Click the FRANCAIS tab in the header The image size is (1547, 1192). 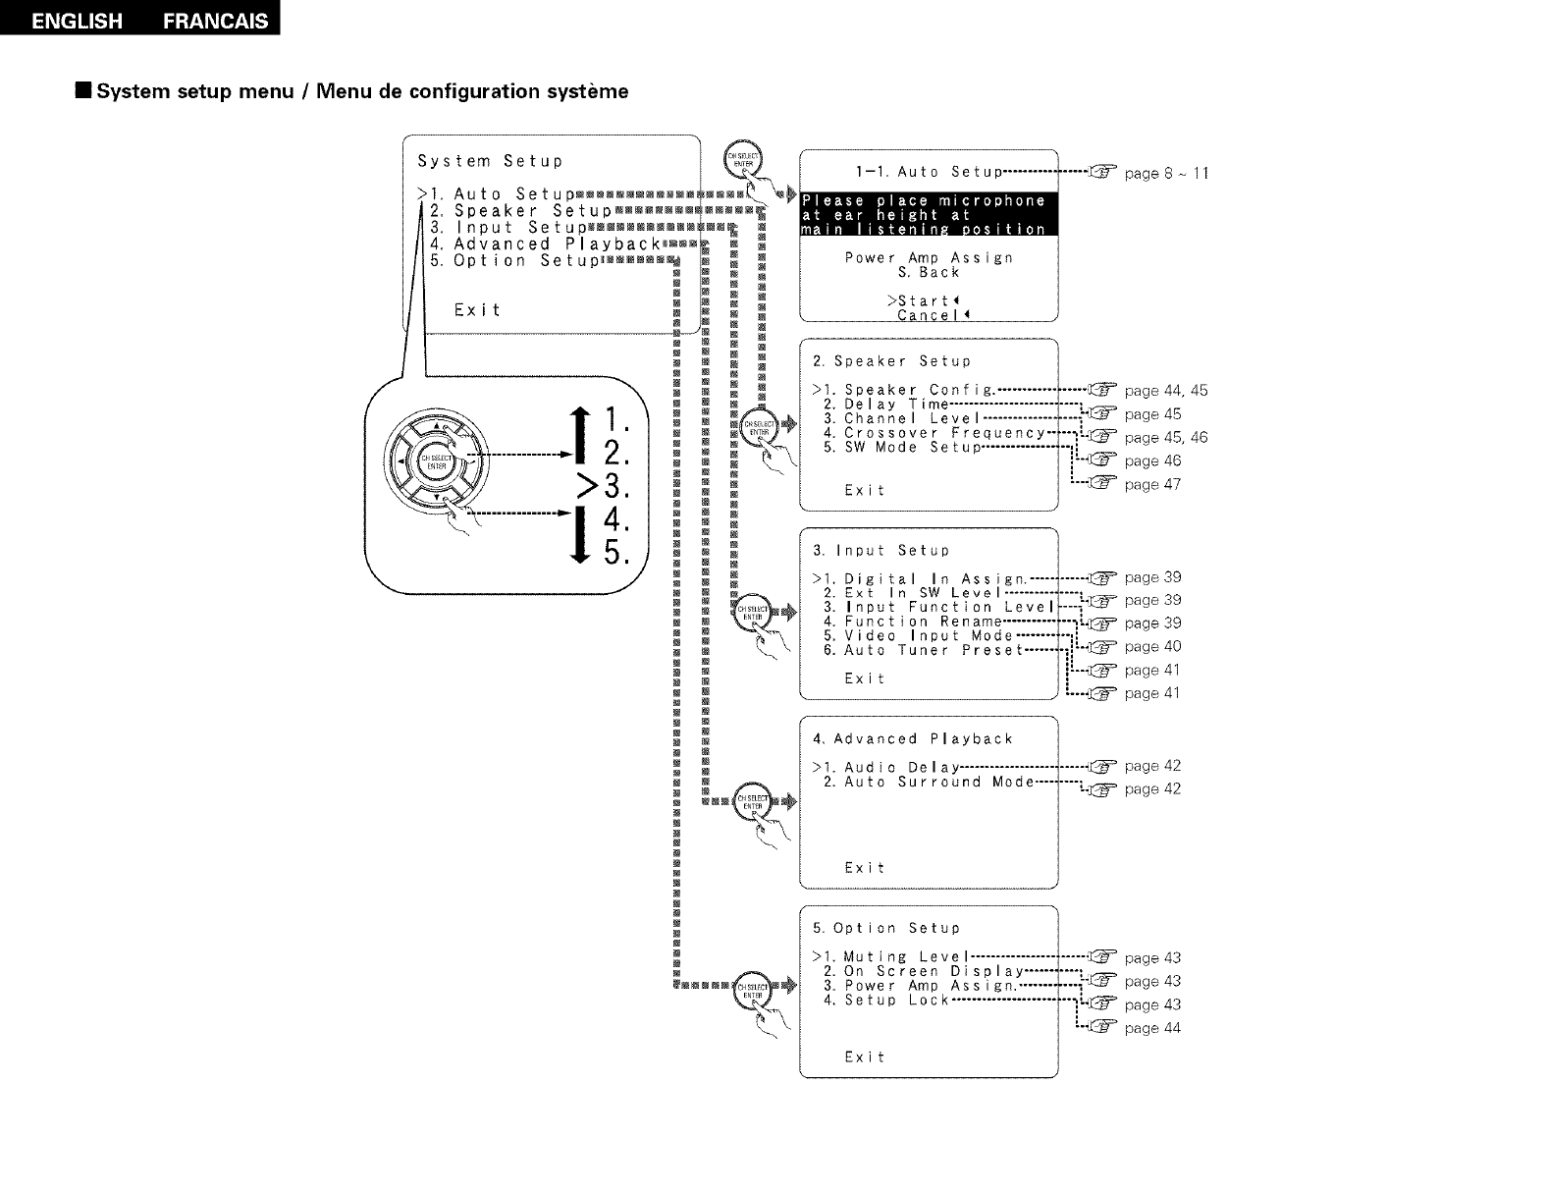[x=216, y=21]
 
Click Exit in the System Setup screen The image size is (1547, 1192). [x=478, y=310]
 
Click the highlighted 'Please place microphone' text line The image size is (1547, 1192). [x=924, y=200]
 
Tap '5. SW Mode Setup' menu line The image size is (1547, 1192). [x=902, y=448]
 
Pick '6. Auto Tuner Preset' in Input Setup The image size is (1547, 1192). [x=923, y=650]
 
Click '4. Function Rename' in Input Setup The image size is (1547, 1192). [x=912, y=622]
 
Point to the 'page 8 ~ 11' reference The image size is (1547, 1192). [x=1166, y=174]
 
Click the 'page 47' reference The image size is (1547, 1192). [x=1152, y=484]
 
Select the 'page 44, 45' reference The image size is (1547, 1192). [x=1165, y=391]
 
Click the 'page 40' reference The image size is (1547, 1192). [x=1152, y=646]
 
